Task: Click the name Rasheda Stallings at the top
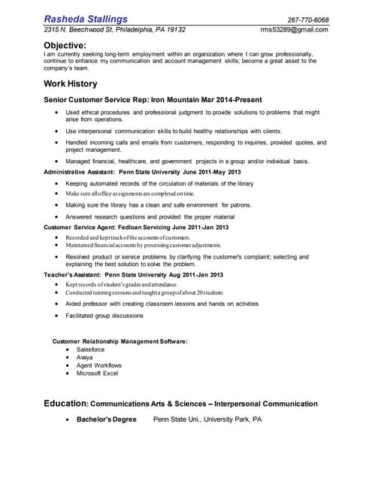click(x=86, y=18)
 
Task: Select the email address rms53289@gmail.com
click(x=294, y=30)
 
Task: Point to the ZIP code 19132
click(x=174, y=30)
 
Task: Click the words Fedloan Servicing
click(x=138, y=227)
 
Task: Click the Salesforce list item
click(x=90, y=349)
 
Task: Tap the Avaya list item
click(x=84, y=357)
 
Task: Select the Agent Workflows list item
click(x=98, y=365)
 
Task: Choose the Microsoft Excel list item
click(x=98, y=374)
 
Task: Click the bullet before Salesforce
click(x=68, y=349)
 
